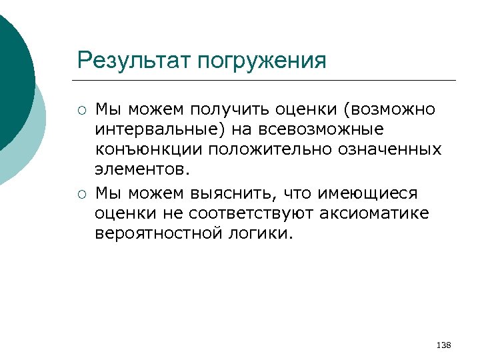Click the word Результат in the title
click(x=134, y=61)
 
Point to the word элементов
click(x=142, y=170)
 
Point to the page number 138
click(x=443, y=345)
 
